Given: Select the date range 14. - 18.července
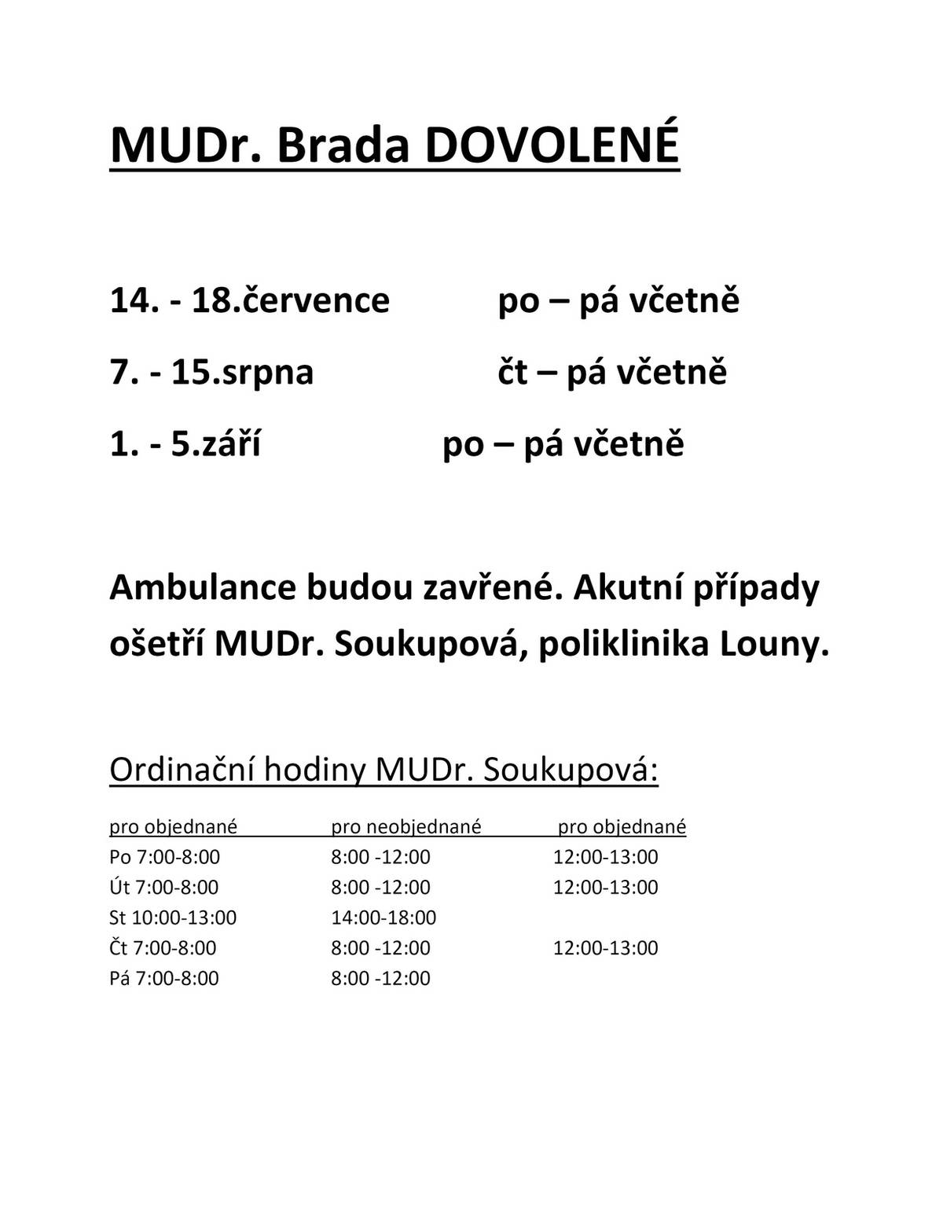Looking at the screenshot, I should pyautogui.click(x=249, y=300).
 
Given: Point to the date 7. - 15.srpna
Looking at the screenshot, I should pyautogui.click(x=211, y=372).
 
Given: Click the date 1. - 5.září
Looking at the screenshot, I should pyautogui.click(x=185, y=443).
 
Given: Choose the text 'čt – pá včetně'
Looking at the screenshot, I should pyautogui.click(x=612, y=372).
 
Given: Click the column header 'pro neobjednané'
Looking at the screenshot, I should pyautogui.click(x=405, y=826).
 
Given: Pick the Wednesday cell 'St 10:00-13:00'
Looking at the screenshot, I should pyautogui.click(x=173, y=918).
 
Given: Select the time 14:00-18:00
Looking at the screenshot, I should pyautogui.click(x=383, y=918).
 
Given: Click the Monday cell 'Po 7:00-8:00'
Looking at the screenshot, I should pyautogui.click(x=165, y=857).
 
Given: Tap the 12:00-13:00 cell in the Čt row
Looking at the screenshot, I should pyautogui.click(x=605, y=948).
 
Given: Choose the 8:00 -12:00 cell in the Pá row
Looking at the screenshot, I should pyautogui.click(x=380, y=979).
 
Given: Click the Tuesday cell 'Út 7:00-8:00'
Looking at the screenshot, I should pyautogui.click(x=164, y=888).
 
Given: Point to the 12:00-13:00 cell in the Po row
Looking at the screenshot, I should pyautogui.click(x=605, y=857).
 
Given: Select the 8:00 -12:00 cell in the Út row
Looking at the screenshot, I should pyautogui.click(x=380, y=888).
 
